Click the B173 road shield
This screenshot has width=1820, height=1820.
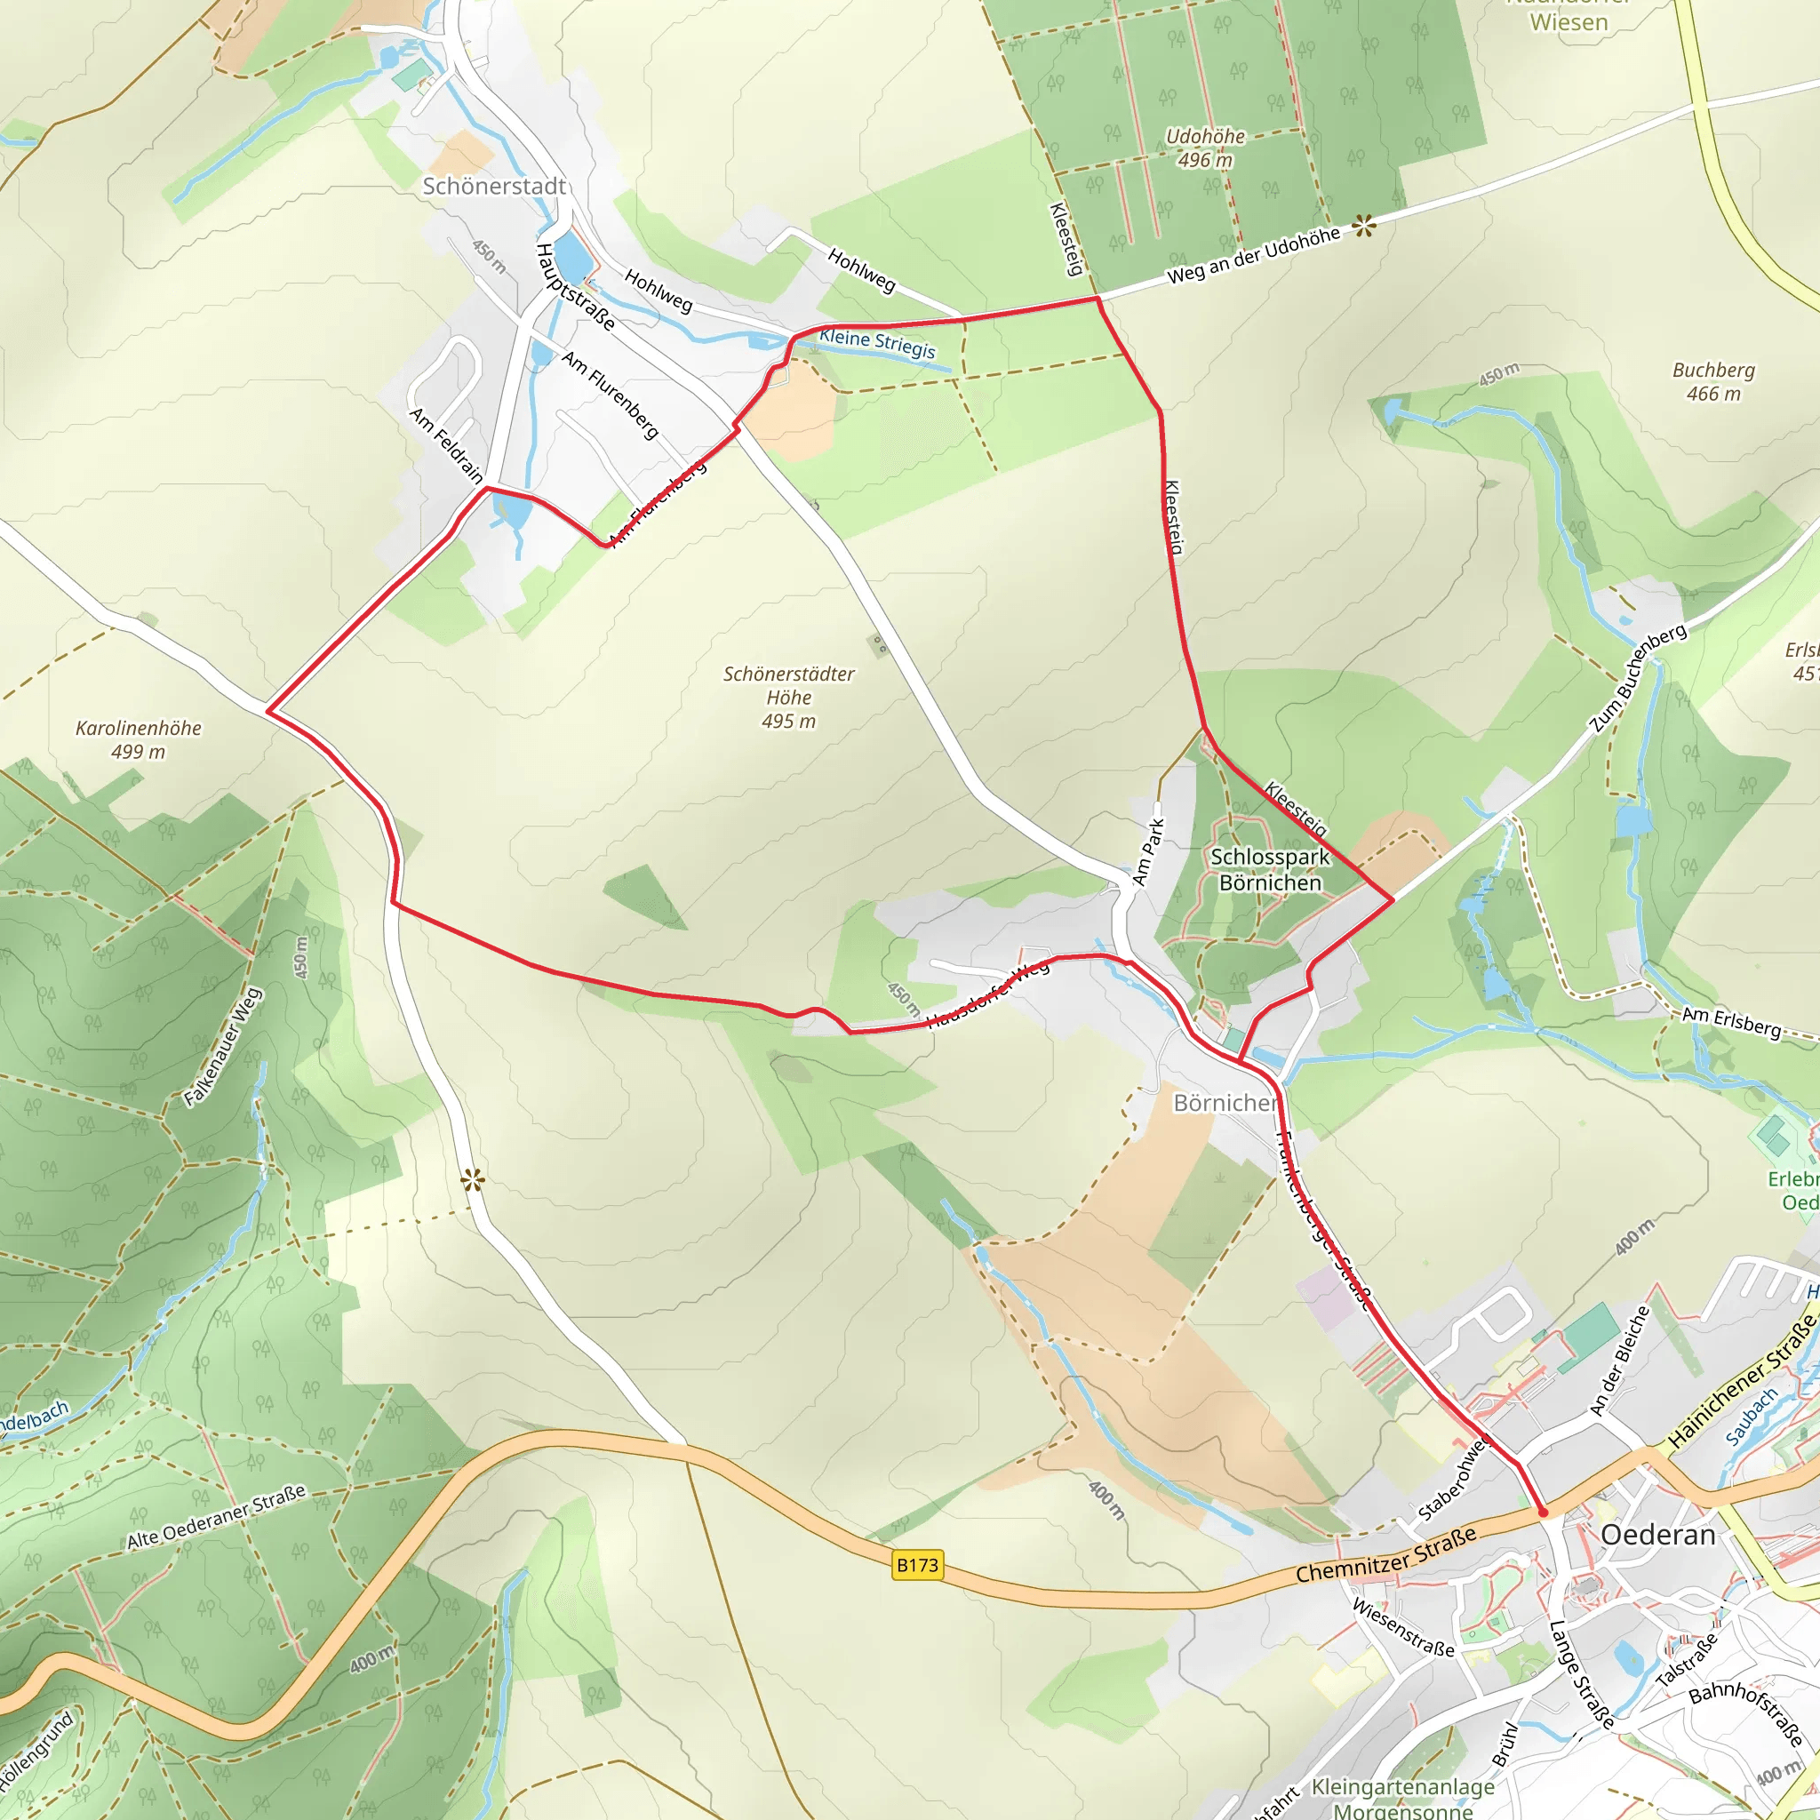[916, 1566]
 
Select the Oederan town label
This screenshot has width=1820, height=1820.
[1657, 1535]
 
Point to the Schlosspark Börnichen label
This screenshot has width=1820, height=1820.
[1270, 869]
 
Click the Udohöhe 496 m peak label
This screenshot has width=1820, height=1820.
[1205, 148]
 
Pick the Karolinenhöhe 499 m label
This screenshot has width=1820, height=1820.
[139, 739]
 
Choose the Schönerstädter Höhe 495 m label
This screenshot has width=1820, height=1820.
[788, 697]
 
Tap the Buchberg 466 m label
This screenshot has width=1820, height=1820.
[1712, 381]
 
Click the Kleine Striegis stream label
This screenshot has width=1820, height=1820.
[877, 343]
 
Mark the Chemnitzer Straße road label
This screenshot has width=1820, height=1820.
[1385, 1556]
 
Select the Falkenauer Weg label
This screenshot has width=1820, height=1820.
[222, 1047]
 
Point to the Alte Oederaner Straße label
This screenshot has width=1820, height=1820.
[217, 1518]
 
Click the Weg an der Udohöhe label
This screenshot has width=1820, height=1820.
[1253, 255]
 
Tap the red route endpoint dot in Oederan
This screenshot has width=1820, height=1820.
[1542, 1513]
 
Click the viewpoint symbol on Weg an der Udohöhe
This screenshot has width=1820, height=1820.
[1364, 226]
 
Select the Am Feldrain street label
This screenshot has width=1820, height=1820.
[446, 444]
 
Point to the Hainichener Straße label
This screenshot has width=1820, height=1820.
[1742, 1382]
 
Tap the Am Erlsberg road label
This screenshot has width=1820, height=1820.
[1731, 1021]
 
